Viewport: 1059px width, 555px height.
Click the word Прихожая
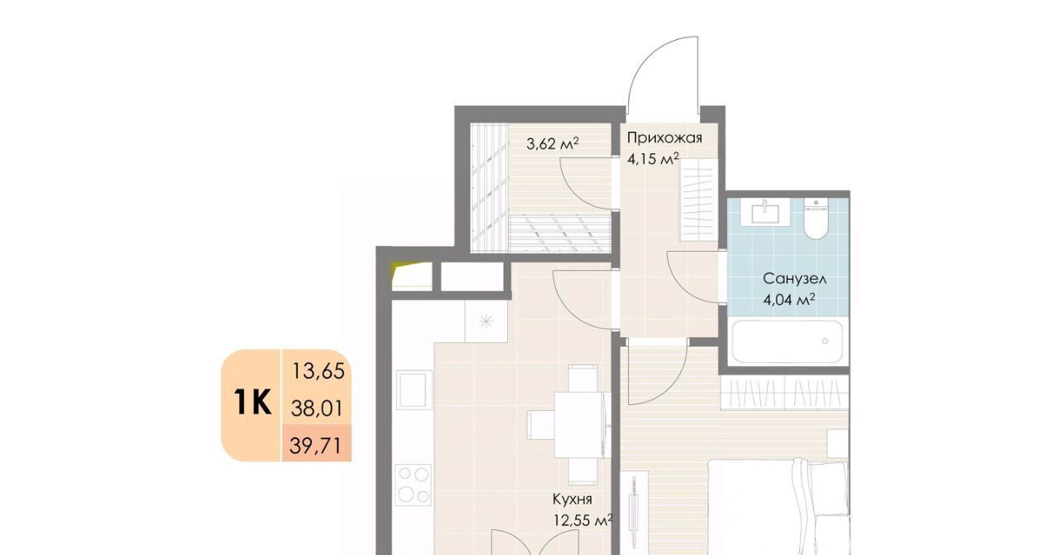pos(664,138)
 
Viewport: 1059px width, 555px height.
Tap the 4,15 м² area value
pos(653,159)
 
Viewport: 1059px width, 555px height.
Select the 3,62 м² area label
pos(552,143)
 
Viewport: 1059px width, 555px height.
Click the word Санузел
pos(795,279)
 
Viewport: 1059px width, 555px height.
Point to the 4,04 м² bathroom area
pos(789,300)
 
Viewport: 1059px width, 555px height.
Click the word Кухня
pos(572,499)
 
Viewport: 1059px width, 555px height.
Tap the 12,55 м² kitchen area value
pos(583,520)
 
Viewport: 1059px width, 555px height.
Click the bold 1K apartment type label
pos(252,402)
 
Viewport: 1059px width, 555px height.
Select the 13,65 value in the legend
pos(319,371)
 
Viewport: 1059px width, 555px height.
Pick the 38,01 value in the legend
pos(317,408)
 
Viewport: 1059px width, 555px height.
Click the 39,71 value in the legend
pos(315,446)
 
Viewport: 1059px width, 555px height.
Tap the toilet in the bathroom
pos(816,219)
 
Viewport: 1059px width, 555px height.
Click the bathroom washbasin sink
pos(764,211)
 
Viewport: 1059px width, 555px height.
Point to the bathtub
pos(787,342)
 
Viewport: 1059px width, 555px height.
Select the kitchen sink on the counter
pos(414,390)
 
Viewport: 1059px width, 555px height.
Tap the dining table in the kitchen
pos(581,425)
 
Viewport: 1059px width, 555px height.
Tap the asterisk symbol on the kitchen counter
pos(486,321)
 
